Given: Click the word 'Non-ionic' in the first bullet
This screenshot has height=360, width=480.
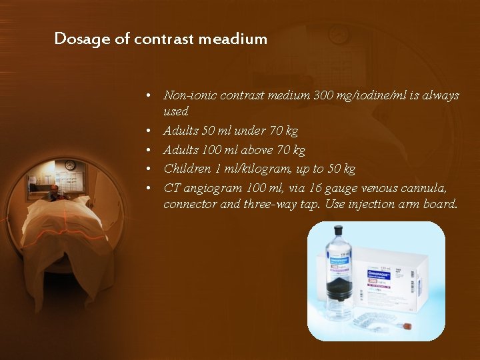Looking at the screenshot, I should click(x=189, y=95).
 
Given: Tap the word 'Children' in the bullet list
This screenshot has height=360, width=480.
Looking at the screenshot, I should click(x=187, y=168).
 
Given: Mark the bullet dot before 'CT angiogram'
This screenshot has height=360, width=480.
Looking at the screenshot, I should click(x=153, y=187).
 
